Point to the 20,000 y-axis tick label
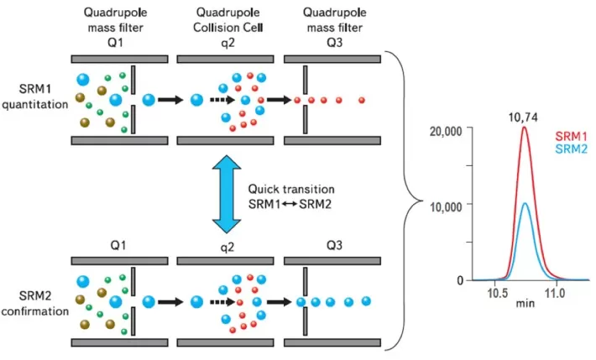pyautogui.click(x=447, y=130)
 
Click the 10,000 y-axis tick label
pyautogui.click(x=447, y=204)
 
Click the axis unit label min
pyautogui.click(x=525, y=307)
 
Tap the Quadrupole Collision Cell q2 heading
pyautogui.click(x=225, y=26)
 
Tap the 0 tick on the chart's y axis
pyautogui.click(x=461, y=279)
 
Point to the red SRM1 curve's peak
pyautogui.click(x=525, y=128)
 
